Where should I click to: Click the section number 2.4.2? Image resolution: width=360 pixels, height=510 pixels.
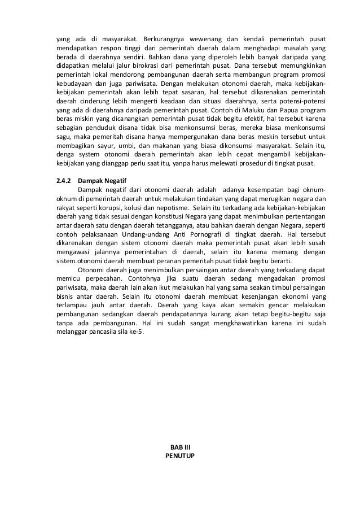click(x=57, y=180)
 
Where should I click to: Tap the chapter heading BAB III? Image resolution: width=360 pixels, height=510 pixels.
click(x=180, y=446)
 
